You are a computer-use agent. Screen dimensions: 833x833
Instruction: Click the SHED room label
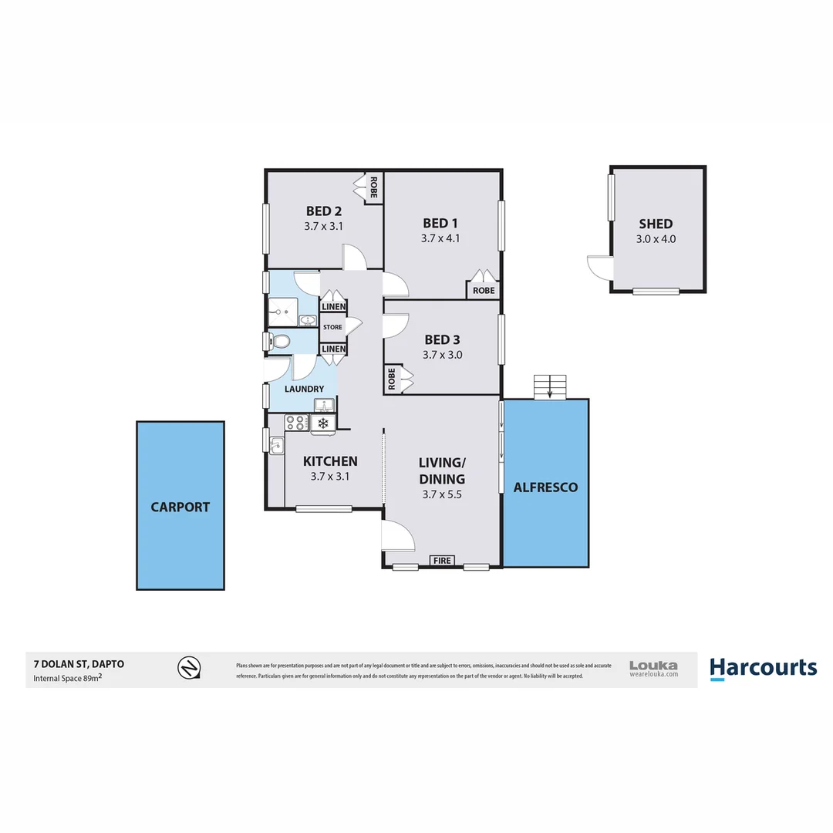point(656,224)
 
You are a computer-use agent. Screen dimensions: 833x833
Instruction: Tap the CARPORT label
point(180,507)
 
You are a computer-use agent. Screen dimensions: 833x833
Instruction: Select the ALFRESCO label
point(545,487)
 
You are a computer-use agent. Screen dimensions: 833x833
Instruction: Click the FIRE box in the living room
point(443,561)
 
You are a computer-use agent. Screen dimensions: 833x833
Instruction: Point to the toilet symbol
point(280,340)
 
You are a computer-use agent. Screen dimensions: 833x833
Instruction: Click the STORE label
point(332,327)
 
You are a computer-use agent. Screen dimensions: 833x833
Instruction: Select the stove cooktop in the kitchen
point(296,422)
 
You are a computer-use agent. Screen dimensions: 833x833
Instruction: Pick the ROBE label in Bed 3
point(392,379)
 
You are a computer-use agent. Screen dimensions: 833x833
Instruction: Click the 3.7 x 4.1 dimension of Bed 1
point(440,238)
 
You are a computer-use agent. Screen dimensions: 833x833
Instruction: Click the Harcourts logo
point(763,667)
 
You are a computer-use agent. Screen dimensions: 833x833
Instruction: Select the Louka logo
point(653,668)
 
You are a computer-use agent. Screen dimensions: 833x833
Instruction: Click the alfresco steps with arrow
point(550,386)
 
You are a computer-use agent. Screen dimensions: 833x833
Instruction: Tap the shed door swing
point(599,268)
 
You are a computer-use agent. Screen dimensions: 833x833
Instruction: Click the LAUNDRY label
point(304,389)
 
